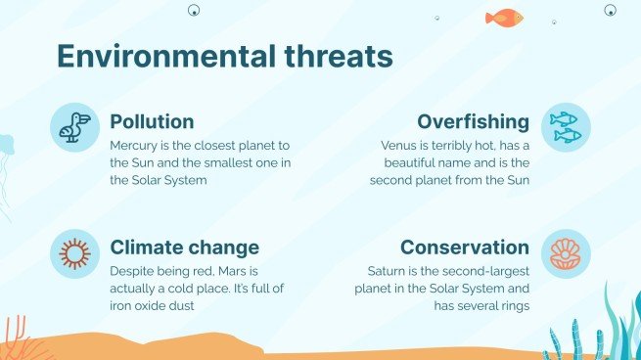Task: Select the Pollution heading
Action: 152,122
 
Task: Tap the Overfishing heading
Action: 473,122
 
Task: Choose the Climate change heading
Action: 184,247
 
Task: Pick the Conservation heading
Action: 464,247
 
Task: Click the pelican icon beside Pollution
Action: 74,127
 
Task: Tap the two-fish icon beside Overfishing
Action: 566,127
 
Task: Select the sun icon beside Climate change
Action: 74,252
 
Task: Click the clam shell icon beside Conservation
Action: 566,252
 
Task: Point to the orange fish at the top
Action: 504,17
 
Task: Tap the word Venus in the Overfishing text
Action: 398,145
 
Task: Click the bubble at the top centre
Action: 194,11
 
